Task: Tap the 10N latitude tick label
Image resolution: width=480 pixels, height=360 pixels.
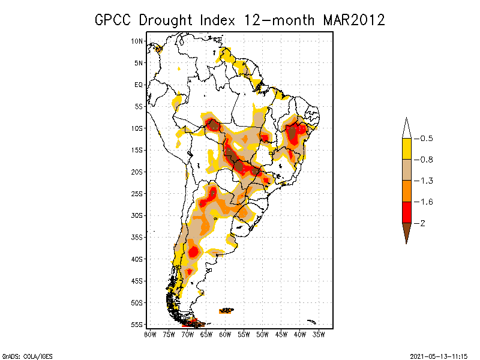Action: click(137, 41)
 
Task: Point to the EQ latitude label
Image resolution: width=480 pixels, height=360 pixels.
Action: click(139, 85)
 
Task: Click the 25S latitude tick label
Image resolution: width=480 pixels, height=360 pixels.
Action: click(137, 193)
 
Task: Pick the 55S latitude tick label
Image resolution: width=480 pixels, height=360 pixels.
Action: click(137, 325)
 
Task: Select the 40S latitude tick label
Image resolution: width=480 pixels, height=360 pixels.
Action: click(137, 259)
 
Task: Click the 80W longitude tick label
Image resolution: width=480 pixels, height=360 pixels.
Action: click(150, 334)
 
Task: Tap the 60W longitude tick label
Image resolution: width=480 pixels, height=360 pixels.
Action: click(225, 334)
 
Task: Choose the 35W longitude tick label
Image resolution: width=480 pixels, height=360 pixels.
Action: click(319, 334)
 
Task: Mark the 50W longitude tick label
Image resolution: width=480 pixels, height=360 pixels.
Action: click(262, 334)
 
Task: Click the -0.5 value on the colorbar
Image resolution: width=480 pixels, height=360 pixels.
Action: click(426, 139)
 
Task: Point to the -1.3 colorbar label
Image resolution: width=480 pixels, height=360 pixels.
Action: click(426, 181)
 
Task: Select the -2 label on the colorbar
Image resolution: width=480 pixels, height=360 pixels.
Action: click(424, 223)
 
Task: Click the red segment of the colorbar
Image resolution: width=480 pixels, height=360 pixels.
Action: click(406, 212)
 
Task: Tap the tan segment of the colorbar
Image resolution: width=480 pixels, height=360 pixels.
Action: click(406, 170)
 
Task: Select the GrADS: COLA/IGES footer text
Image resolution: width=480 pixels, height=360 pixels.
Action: click(27, 356)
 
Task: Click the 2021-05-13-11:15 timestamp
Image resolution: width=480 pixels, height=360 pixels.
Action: click(438, 356)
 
